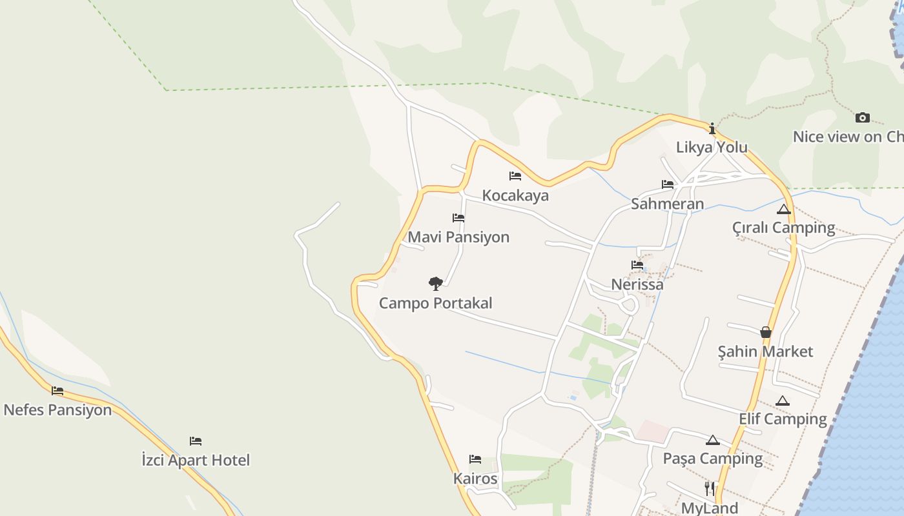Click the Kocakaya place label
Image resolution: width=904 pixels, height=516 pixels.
(x=515, y=195)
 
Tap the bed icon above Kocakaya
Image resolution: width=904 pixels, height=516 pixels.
(x=515, y=175)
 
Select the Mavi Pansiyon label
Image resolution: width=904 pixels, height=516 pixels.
(x=458, y=237)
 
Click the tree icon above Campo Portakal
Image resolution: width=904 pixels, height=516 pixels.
(x=436, y=283)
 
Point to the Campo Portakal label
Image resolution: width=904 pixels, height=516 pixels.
(x=436, y=303)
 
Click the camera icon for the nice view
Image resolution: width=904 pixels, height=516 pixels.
(x=862, y=117)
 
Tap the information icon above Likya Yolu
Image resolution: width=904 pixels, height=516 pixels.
(x=712, y=128)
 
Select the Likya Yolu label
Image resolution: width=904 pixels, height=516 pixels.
(x=712, y=147)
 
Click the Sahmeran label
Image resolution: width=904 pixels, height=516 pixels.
(x=667, y=204)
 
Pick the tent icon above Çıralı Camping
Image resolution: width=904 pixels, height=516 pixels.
(x=784, y=209)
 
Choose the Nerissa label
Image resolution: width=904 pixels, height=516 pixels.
(x=637, y=284)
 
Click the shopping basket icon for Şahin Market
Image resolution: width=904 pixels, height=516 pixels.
(x=766, y=332)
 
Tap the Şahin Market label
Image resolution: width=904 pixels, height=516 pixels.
(x=766, y=352)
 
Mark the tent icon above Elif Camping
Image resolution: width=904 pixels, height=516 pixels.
(x=783, y=401)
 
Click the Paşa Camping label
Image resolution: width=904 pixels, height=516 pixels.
(x=713, y=459)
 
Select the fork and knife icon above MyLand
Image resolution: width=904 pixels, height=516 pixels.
(x=710, y=488)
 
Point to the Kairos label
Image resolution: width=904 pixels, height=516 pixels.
(x=475, y=479)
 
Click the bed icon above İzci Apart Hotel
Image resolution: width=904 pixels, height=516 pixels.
(x=196, y=441)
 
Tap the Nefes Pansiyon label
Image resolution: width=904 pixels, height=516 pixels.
(x=57, y=410)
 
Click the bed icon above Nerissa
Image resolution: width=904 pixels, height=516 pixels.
(x=637, y=264)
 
